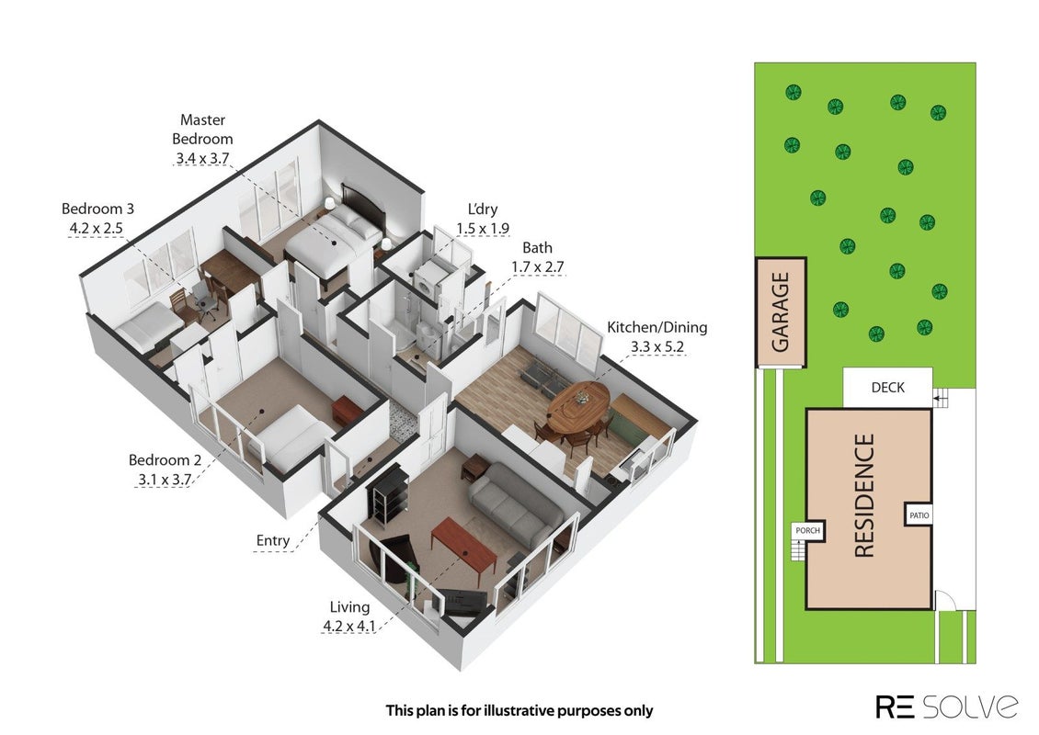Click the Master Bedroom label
coord(203,130)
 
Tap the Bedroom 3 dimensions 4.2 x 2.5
coord(96,229)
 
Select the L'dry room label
coord(483,209)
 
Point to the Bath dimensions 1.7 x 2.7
coord(537,266)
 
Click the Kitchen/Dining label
coord(657,327)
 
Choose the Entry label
coord(273,541)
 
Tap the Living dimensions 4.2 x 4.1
coord(349,626)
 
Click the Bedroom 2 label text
coord(165,459)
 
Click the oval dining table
coord(578,407)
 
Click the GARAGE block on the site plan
coord(782,311)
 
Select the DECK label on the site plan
coord(888,388)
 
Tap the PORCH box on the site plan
coord(807,530)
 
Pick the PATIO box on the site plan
coord(919,515)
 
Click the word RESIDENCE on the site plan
coord(864,495)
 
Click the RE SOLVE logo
coord(947,707)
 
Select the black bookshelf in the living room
coord(385,494)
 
